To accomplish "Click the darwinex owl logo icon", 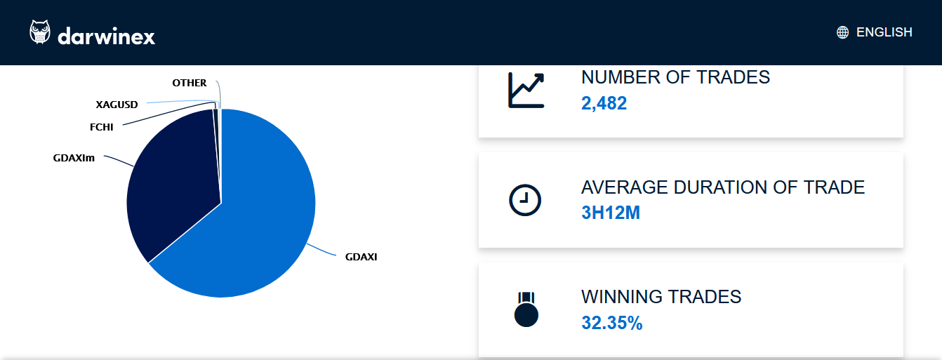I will pyautogui.click(x=40, y=32).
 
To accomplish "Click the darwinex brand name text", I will pyautogui.click(x=106, y=35).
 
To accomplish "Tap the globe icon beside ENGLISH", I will pyautogui.click(x=842, y=32).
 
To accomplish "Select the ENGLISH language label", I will pyautogui.click(x=884, y=32).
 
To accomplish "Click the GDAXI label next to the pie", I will pyautogui.click(x=361, y=257).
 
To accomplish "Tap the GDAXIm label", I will pyautogui.click(x=74, y=158).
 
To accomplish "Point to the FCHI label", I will pyautogui.click(x=101, y=127).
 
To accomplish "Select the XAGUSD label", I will pyautogui.click(x=117, y=105).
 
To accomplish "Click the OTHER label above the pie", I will pyautogui.click(x=189, y=83).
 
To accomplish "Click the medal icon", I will pyautogui.click(x=526, y=309).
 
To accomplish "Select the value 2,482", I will pyautogui.click(x=604, y=104).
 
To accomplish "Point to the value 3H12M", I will pyautogui.click(x=611, y=213).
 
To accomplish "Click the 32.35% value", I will pyautogui.click(x=611, y=323).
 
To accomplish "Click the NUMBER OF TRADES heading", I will pyautogui.click(x=675, y=77).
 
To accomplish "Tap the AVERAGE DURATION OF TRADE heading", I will pyautogui.click(x=723, y=187).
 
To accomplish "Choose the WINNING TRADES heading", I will pyautogui.click(x=661, y=297).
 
